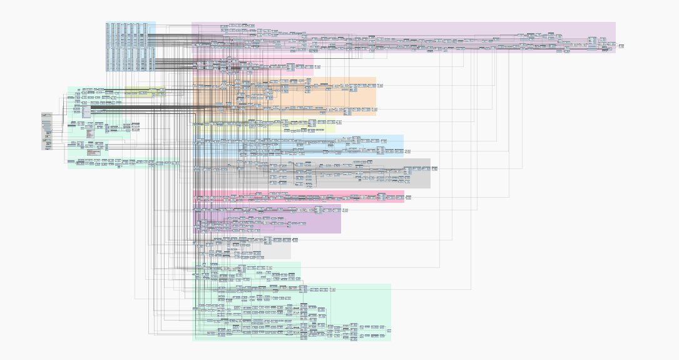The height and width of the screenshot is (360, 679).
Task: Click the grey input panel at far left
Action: point(47,131)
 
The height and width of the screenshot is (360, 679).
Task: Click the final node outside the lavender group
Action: point(621,46)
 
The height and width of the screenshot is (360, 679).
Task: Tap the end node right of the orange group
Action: point(380,85)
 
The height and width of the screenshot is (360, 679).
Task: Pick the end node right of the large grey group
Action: point(434,168)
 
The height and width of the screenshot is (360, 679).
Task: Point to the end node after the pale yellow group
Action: point(342,125)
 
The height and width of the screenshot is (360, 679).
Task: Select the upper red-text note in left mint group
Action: point(90,133)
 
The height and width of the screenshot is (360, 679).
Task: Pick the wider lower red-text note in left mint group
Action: point(94,152)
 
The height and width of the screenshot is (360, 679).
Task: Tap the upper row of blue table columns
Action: point(130,34)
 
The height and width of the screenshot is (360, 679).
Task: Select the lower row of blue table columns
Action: point(130,59)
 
